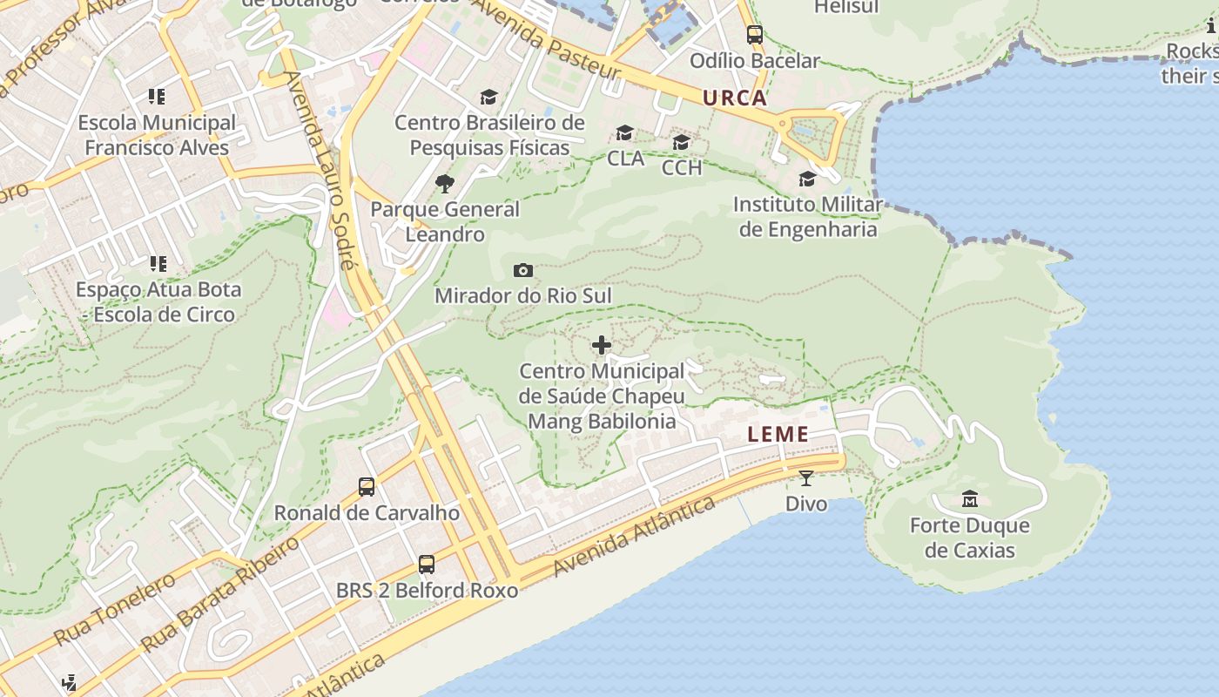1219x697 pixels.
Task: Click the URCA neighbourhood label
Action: tap(735, 98)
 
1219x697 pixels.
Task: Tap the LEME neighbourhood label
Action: tap(778, 434)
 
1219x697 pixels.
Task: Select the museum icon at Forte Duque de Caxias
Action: tap(970, 499)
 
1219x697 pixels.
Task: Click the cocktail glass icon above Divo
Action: tap(806, 478)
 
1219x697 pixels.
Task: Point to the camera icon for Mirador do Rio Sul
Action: tap(523, 271)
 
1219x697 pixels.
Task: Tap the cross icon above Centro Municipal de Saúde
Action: tap(602, 346)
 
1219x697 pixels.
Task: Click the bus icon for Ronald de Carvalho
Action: tap(367, 487)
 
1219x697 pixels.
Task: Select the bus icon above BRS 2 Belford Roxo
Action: tap(427, 565)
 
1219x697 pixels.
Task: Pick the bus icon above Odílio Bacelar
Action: tap(755, 36)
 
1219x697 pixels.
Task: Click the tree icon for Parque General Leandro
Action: tap(445, 184)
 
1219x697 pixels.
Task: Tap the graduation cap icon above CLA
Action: tap(625, 133)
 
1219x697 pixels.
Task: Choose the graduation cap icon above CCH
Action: tap(681, 142)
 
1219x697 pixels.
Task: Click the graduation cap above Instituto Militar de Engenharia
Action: tap(807, 179)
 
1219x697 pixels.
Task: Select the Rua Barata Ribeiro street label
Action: tap(221, 593)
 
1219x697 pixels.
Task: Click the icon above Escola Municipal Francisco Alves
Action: tap(157, 97)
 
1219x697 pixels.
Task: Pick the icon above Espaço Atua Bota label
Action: tap(158, 263)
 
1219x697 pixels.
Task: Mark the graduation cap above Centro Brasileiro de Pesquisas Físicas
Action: tap(488, 97)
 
